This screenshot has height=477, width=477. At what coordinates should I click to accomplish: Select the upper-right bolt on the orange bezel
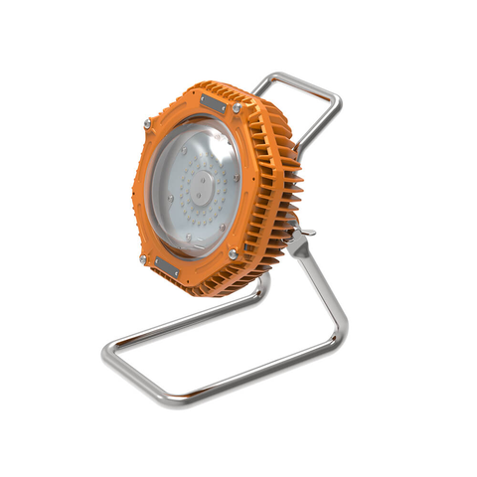[x=238, y=107]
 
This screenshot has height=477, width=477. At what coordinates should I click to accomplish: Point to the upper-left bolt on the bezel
[x=147, y=123]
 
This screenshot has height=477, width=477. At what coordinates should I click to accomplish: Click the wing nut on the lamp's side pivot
[x=305, y=235]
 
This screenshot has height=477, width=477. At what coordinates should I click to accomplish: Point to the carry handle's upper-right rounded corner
[x=336, y=97]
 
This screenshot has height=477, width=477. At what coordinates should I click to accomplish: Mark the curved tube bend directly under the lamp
[x=260, y=288]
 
